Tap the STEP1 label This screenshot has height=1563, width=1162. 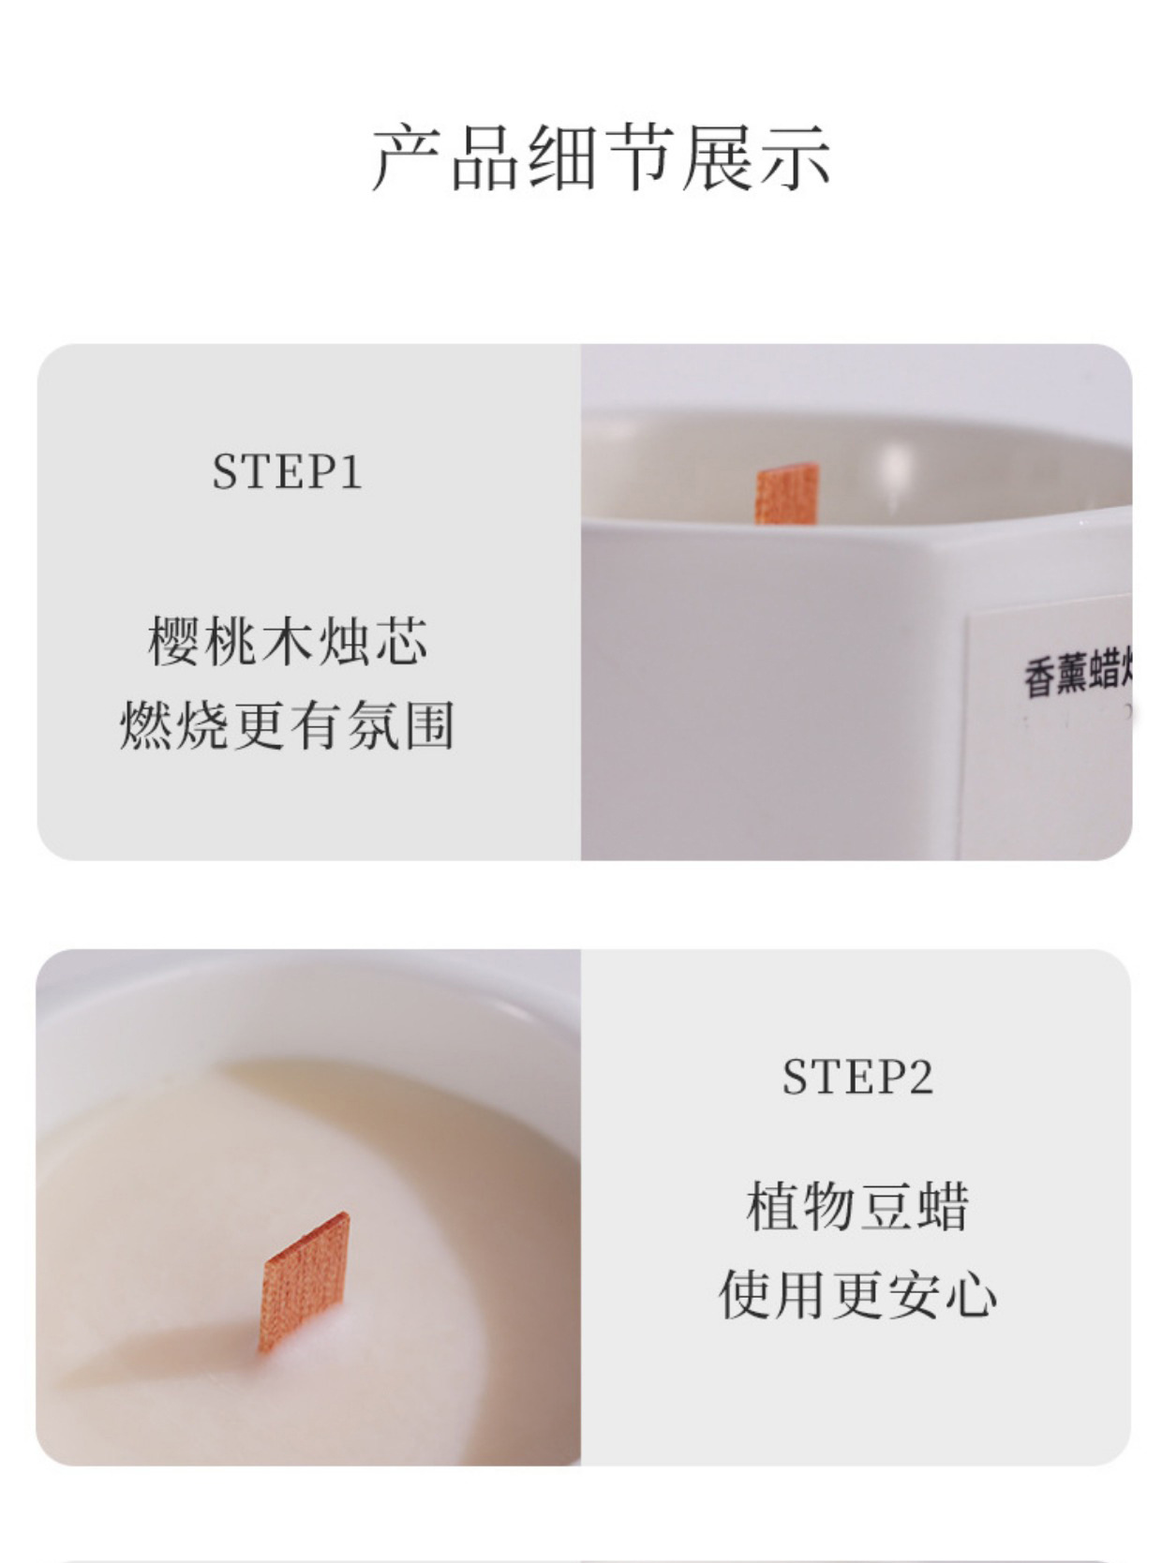[x=287, y=471]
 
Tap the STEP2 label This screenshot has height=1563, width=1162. [x=857, y=1077]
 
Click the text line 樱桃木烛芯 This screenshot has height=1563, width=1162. [x=288, y=642]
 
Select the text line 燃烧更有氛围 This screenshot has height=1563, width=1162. [x=288, y=725]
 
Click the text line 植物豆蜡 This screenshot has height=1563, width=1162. [x=857, y=1206]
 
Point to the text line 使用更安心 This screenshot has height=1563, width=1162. [x=857, y=1295]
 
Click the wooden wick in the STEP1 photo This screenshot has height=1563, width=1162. [x=787, y=493]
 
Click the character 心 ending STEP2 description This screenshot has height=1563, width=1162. [x=971, y=1295]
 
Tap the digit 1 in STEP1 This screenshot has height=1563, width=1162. [x=351, y=471]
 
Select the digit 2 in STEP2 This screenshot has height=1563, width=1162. [x=919, y=1077]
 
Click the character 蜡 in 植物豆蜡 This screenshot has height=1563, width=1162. [x=942, y=1206]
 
